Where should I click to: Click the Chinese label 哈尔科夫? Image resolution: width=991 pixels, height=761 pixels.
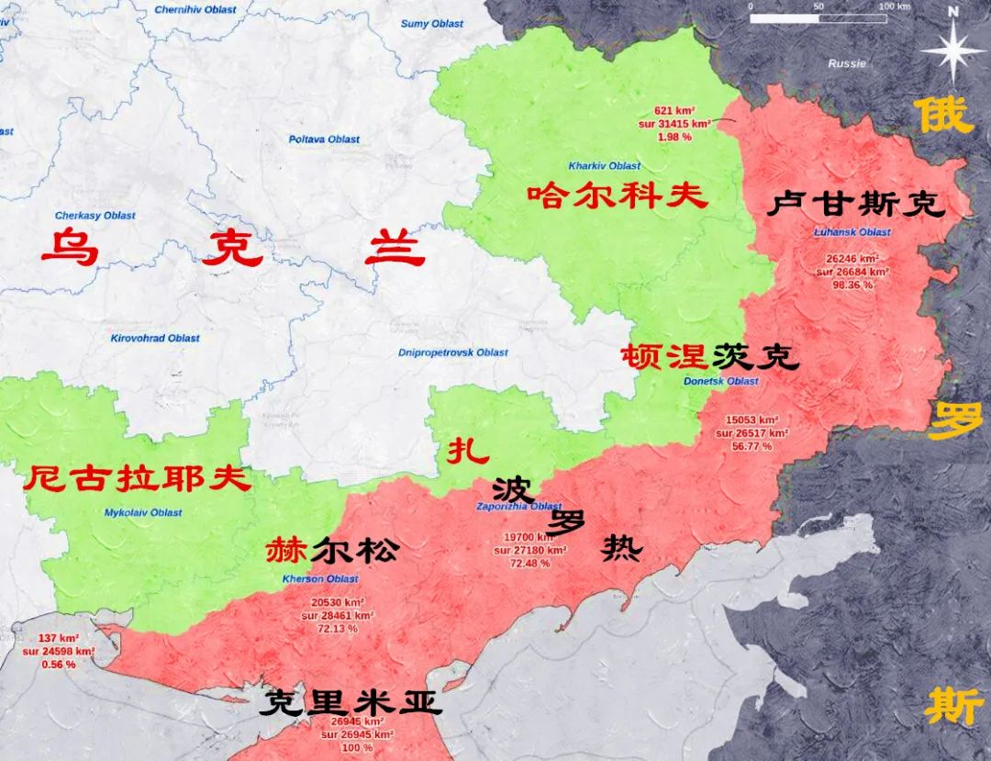[x=617, y=196]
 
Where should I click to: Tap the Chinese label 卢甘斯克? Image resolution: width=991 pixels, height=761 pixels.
[x=855, y=204]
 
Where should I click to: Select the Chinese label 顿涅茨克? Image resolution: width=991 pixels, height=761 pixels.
[x=709, y=357]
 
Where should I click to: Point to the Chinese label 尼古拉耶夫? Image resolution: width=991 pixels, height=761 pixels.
[x=137, y=478]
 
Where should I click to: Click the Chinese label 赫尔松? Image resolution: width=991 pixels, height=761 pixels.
[x=332, y=551]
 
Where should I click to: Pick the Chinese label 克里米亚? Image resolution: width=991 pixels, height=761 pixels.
[x=351, y=703]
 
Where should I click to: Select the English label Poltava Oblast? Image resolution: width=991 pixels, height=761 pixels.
[x=324, y=140]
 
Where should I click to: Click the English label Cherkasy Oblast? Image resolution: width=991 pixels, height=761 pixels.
[x=95, y=216]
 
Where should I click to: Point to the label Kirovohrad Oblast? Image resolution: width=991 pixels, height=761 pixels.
[x=155, y=338]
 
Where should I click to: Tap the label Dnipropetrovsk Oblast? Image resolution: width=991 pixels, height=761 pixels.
[x=453, y=353]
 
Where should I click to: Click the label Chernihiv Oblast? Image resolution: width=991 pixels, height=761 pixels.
[x=195, y=10]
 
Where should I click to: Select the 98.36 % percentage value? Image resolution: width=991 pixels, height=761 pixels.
[x=852, y=285]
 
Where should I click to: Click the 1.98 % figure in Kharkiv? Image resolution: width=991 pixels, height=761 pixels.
[x=674, y=136]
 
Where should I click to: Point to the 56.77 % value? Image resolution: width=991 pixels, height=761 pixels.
[x=752, y=446]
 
